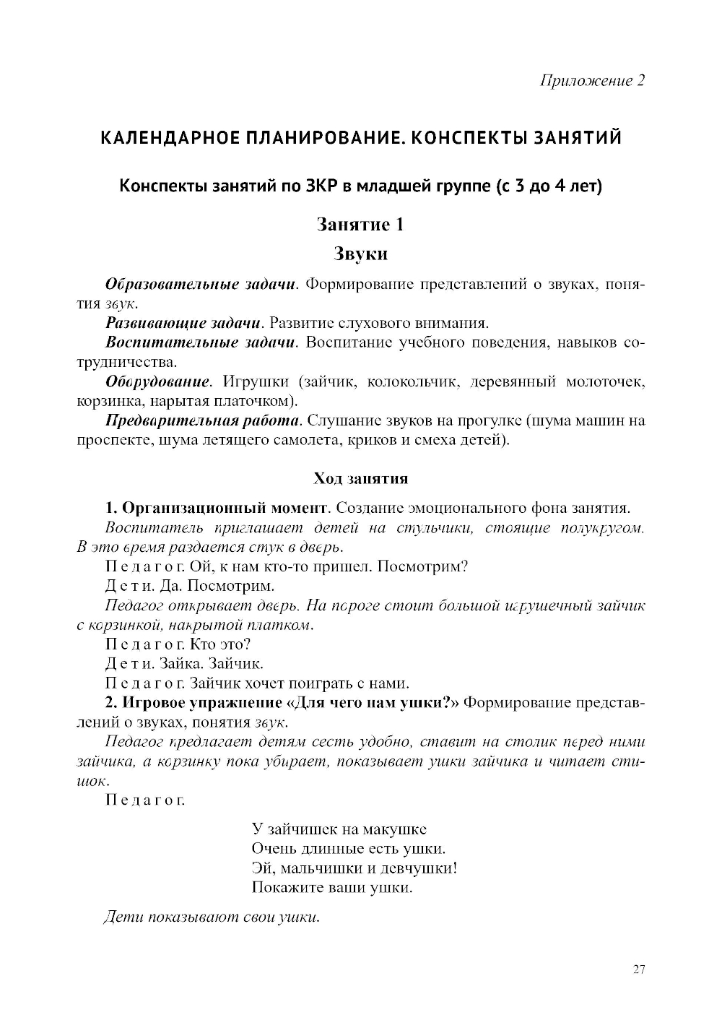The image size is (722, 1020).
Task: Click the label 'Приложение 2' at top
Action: click(592, 80)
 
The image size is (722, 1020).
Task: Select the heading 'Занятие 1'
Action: click(360, 225)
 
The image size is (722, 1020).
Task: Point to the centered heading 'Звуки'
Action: click(360, 254)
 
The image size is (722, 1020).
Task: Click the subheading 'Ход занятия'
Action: click(360, 478)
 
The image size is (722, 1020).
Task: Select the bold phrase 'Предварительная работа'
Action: click(202, 420)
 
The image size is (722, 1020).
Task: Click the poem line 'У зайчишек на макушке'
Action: click(339, 829)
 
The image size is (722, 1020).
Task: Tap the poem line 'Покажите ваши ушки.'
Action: click(332, 888)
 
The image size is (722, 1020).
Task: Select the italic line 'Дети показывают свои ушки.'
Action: click(212, 917)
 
